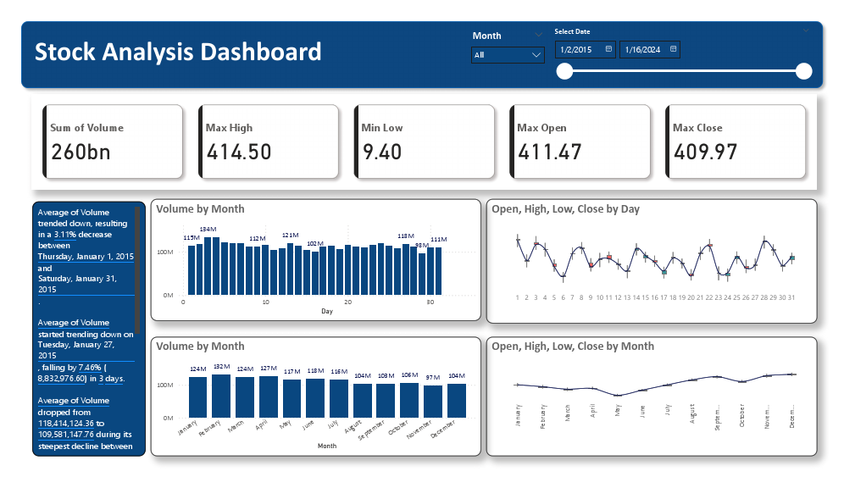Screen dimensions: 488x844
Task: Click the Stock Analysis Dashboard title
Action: pyautogui.click(x=178, y=53)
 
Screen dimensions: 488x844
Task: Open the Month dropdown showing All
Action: pyautogui.click(x=508, y=55)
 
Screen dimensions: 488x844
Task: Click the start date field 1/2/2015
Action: pyautogui.click(x=586, y=50)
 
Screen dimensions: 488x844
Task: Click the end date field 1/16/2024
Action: pyautogui.click(x=650, y=50)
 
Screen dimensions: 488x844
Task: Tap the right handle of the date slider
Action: pyautogui.click(x=804, y=71)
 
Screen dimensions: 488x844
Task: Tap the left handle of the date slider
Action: pyautogui.click(x=564, y=71)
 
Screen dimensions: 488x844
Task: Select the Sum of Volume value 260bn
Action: pyautogui.click(x=81, y=152)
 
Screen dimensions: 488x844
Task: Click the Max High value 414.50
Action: pyautogui.click(x=238, y=152)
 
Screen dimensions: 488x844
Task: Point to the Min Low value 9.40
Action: pyautogui.click(x=381, y=152)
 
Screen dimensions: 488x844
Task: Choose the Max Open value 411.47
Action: pyautogui.click(x=549, y=152)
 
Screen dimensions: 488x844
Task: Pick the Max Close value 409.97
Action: pyautogui.click(x=705, y=152)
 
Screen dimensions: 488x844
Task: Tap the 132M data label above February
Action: pyautogui.click(x=221, y=368)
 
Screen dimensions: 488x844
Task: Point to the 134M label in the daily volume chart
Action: pyautogui.click(x=207, y=230)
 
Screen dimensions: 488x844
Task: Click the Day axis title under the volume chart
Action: pyautogui.click(x=327, y=311)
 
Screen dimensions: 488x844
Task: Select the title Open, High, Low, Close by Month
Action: pyautogui.click(x=573, y=346)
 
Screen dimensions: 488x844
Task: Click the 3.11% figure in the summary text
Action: pyautogui.click(x=87, y=232)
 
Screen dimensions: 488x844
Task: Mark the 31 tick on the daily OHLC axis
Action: pyautogui.click(x=792, y=297)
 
